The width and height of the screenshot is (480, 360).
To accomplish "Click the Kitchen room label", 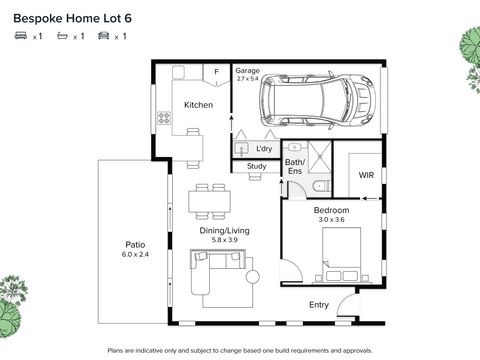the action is (x=198, y=105).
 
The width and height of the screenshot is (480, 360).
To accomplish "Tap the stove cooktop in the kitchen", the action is (x=164, y=118).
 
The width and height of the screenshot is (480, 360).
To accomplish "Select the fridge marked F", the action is (x=217, y=75).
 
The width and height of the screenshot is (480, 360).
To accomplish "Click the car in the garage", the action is (x=317, y=100).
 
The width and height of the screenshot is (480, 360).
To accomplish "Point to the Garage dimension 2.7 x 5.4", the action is (x=248, y=79).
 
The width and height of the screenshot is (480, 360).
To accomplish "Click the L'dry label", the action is (x=264, y=149).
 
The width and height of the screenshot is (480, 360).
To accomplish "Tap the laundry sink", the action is (x=241, y=148).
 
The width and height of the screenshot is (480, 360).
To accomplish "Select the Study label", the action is (x=256, y=166).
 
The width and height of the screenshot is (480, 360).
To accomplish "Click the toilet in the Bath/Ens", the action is (x=321, y=186).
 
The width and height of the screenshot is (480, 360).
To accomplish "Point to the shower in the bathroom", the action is (x=320, y=157).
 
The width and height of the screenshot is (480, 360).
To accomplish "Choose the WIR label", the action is (x=366, y=175).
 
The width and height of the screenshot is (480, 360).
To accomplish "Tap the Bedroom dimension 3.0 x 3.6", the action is (x=331, y=220).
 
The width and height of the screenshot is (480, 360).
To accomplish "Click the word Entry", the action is (x=319, y=305).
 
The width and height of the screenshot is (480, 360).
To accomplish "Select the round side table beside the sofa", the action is (x=253, y=277).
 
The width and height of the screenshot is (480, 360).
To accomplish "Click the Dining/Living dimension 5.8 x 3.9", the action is (x=225, y=240).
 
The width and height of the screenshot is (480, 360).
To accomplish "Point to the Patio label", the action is (x=135, y=245).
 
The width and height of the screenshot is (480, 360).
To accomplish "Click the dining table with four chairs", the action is (x=210, y=201).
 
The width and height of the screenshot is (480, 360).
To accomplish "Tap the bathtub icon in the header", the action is (x=62, y=35).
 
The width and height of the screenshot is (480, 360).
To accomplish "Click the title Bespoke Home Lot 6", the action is (x=72, y=18).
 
